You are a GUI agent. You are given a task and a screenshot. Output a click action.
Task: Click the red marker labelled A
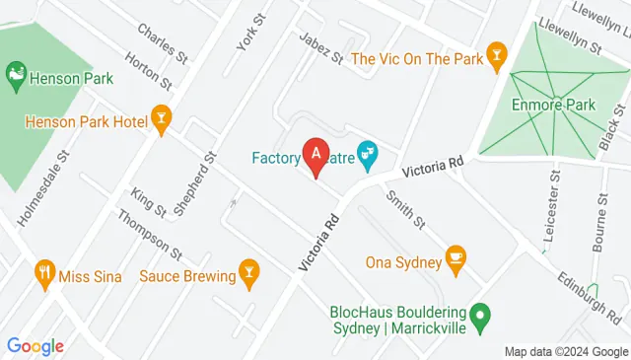[x=315, y=156]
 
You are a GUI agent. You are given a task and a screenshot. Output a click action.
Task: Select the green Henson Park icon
[x=16, y=73]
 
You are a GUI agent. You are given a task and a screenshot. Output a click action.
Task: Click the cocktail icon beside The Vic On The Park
[x=498, y=59]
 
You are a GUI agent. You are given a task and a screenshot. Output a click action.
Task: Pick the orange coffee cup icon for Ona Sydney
[x=456, y=256]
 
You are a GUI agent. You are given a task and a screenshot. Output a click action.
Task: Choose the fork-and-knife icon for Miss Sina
[x=43, y=274]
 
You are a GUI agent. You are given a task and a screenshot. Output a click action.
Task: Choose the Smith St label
[x=405, y=207]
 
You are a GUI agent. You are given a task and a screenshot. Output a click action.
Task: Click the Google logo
[x=35, y=345]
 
